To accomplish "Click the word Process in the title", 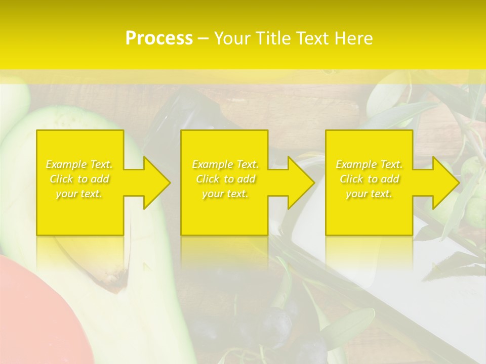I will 159,38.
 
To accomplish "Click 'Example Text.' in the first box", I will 79,164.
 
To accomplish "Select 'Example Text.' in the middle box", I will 225,164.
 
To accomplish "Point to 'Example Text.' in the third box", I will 369,164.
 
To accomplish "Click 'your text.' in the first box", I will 79,194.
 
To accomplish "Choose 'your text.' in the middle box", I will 225,194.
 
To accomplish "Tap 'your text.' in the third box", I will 369,194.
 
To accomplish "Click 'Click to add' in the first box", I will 79,179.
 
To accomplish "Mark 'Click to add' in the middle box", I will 225,179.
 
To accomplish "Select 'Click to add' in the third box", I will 369,179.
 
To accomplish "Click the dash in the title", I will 204,38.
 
